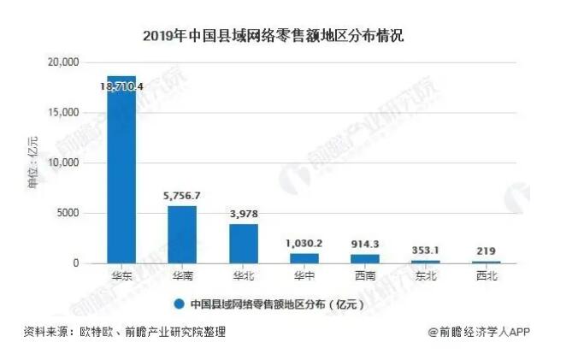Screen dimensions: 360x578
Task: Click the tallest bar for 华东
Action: tap(121, 171)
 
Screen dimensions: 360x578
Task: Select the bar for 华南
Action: tap(181, 234)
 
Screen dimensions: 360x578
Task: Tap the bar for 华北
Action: tap(243, 244)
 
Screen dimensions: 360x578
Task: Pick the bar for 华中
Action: tap(304, 257)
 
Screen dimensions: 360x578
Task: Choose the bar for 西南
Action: tap(365, 258)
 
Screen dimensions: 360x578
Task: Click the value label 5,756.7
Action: tap(181, 196)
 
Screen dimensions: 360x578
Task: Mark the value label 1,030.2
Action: tap(304, 244)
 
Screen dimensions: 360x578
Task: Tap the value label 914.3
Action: tap(365, 245)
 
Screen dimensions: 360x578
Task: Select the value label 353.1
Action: tap(426, 251)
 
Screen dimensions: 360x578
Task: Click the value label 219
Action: tap(487, 251)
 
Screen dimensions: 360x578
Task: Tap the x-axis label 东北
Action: tap(426, 277)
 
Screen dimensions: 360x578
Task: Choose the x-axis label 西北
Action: tap(487, 277)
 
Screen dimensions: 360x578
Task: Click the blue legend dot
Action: tap(179, 304)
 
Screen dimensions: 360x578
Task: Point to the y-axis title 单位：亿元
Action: tap(35, 162)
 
